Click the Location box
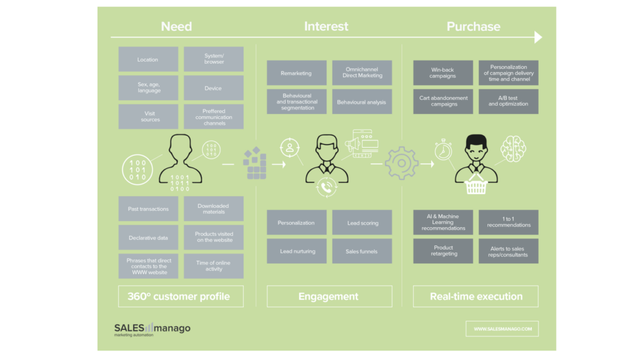148,59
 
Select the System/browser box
214,59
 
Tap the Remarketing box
297,73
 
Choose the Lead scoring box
362,222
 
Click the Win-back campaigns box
443,73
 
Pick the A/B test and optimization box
508,101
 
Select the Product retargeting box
443,251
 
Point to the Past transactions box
148,209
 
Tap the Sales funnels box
362,251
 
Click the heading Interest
326,26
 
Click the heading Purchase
473,26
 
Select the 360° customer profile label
180,296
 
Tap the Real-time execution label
476,296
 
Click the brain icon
513,148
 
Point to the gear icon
401,164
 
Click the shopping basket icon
476,186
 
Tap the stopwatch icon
443,150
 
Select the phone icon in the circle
326,187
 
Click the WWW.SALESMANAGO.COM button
502,329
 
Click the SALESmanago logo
152,329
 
